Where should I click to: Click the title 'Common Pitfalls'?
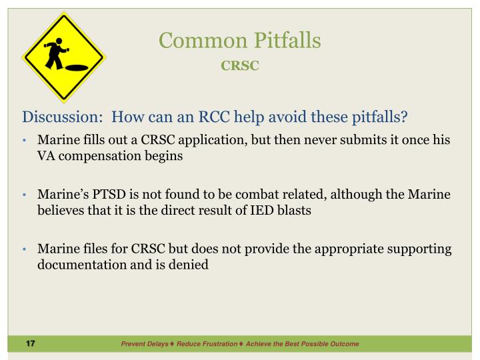[x=239, y=41]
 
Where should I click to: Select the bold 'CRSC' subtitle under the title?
[x=239, y=66]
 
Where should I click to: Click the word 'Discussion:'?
[x=63, y=118]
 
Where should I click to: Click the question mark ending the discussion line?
[x=404, y=118]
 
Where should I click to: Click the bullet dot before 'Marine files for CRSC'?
[x=25, y=249]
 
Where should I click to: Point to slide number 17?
[x=30, y=343]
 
